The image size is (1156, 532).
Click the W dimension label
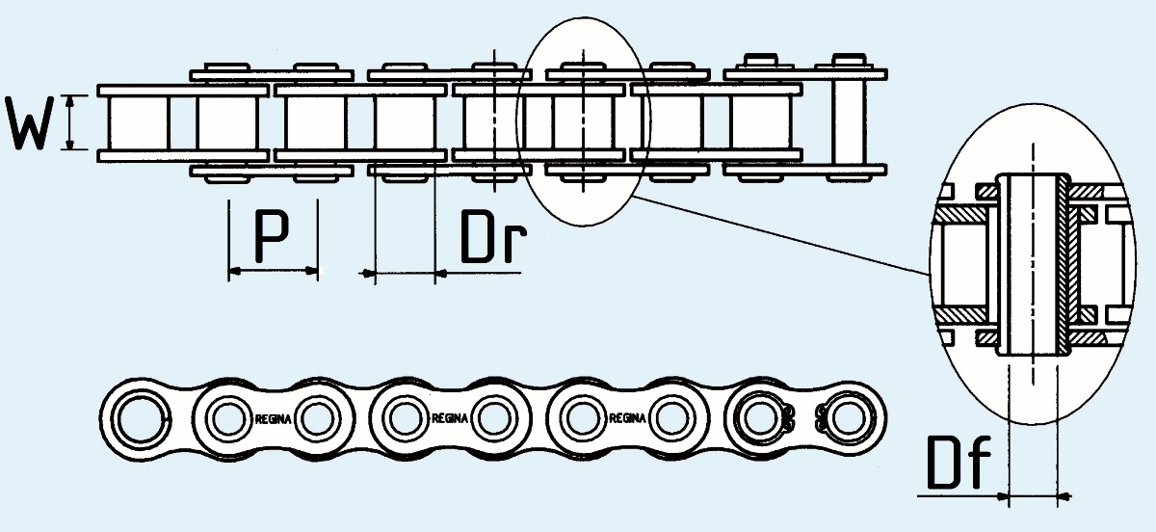30,123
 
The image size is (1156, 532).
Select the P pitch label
272,236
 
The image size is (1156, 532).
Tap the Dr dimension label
493,236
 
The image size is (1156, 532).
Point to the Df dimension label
959,462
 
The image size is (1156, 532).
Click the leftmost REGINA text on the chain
274,419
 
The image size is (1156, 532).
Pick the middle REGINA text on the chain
450,418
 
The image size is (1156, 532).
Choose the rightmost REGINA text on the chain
627,418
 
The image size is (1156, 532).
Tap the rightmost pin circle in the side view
847,418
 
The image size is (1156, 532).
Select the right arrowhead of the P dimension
312,271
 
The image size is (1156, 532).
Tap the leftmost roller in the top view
139,123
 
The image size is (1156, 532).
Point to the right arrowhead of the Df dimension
1064,497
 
